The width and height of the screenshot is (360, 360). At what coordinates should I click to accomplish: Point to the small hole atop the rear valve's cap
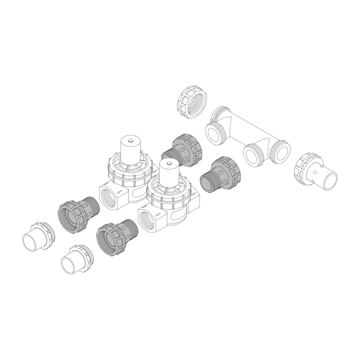pos(130,141)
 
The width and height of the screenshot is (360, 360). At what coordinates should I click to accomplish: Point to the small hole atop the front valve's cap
pos(167,166)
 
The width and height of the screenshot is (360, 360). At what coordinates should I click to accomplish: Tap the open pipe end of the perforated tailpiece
pos(331,179)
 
